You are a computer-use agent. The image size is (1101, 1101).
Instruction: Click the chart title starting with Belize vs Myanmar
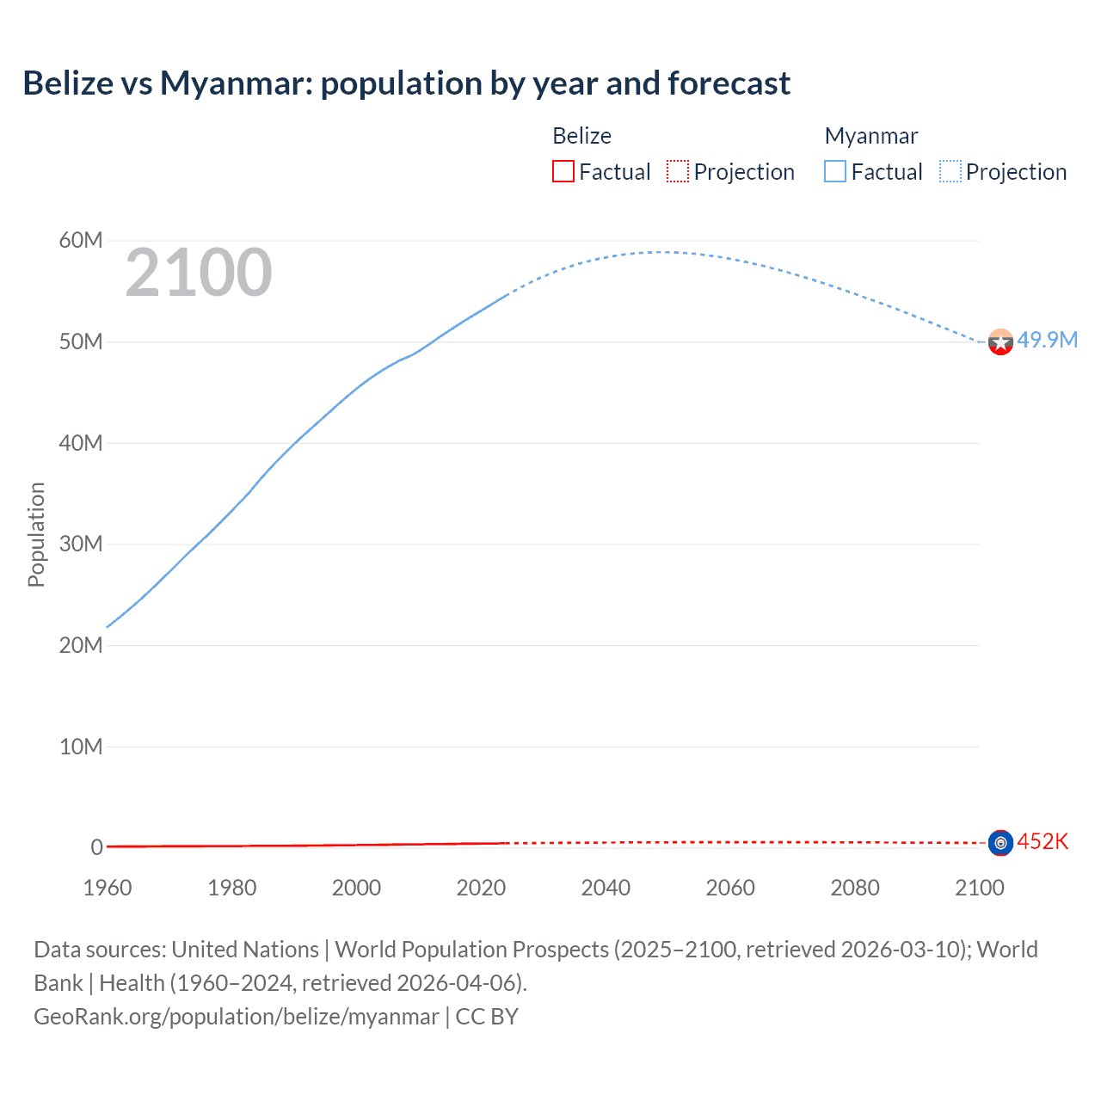[x=406, y=83]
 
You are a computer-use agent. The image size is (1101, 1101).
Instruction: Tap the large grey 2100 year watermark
[x=199, y=273]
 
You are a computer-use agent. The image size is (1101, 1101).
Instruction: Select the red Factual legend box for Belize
[x=563, y=172]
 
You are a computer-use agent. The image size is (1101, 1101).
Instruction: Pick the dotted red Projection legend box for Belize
[x=678, y=172]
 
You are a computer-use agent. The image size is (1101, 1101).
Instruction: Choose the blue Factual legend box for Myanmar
[x=835, y=172]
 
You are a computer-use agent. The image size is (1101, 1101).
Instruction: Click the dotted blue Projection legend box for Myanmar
[x=950, y=172]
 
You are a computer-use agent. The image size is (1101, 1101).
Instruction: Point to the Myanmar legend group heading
[x=871, y=136]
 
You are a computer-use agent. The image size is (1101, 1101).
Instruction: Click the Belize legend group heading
[x=581, y=136]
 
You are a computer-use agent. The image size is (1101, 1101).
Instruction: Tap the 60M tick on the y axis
[x=81, y=240]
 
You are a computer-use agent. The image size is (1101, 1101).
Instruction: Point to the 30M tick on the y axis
[x=81, y=544]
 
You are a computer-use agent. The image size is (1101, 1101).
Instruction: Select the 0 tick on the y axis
[x=96, y=847]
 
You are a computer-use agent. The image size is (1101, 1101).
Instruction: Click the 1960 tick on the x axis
[x=108, y=888]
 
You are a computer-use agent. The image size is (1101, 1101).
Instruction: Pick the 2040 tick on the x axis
[x=606, y=888]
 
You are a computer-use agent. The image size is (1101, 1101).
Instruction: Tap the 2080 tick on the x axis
[x=855, y=888]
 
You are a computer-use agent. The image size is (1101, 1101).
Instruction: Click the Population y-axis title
[x=36, y=534]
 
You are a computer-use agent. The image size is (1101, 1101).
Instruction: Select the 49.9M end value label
[x=1047, y=340]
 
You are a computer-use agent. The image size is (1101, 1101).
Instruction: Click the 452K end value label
[x=1043, y=841]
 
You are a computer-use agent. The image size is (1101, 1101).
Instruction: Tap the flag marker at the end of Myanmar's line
[x=1000, y=342]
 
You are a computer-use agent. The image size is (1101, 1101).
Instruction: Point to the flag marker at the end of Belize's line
[x=1000, y=843]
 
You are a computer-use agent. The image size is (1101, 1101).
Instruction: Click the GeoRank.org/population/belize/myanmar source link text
[x=237, y=1017]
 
